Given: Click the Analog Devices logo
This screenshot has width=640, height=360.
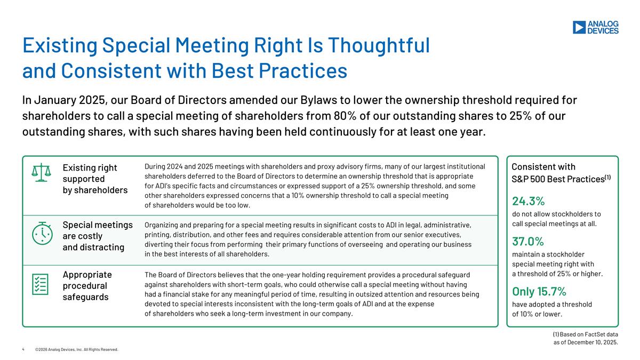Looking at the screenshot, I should pos(595,27).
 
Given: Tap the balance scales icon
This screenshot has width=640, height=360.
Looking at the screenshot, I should pos(43,173).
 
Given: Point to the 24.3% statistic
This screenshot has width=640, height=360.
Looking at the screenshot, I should pos(528,201).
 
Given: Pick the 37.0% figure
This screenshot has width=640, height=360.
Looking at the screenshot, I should pos(528,242).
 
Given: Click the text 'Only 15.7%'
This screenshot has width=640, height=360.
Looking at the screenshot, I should pos(539,291).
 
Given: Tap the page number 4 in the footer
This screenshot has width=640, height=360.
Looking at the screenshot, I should pos(23,349).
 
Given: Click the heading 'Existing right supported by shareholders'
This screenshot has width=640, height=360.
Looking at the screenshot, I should pos(95,179).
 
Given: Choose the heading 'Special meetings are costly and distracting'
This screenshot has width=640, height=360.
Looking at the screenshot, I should pos(98,236).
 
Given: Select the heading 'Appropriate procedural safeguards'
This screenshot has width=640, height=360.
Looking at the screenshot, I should pos(87,285).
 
